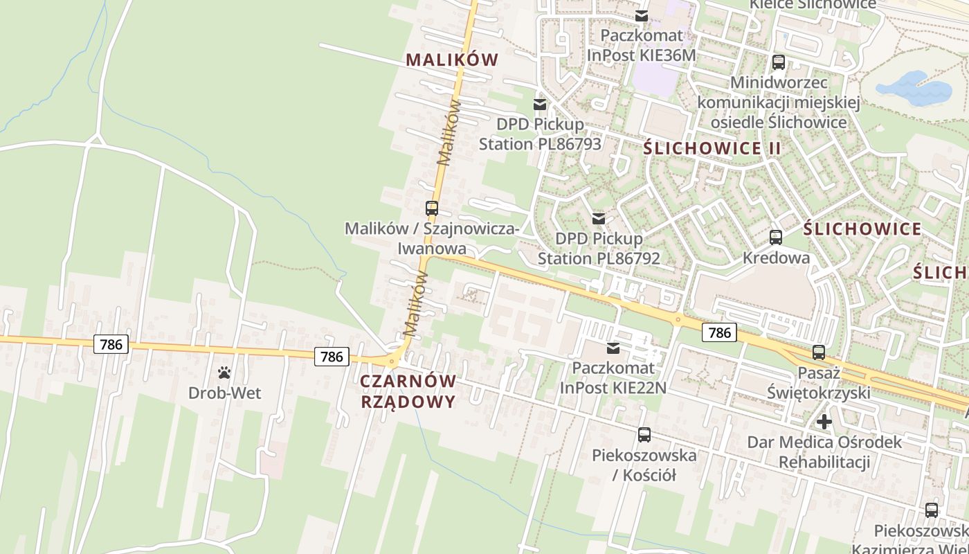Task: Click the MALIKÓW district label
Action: point(452,60)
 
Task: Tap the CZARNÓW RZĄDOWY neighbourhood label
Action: point(408,391)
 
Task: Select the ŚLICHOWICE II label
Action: point(712,148)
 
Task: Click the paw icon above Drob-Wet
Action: point(224,373)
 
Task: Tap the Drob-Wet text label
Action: point(224,393)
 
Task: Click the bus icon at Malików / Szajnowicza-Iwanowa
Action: point(432,208)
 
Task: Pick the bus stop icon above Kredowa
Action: point(776,238)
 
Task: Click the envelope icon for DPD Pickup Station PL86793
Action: point(540,105)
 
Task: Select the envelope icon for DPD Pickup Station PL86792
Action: point(599,219)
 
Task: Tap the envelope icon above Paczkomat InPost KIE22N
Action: point(613,348)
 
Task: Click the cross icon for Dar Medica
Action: point(824,421)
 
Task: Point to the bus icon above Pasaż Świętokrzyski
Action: point(819,352)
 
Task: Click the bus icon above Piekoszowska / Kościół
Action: point(644,435)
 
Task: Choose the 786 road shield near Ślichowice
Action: point(719,332)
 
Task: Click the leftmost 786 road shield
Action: point(111,344)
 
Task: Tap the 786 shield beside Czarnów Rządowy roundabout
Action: point(332,357)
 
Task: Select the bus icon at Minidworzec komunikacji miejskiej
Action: point(779,62)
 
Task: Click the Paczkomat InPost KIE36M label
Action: point(641,45)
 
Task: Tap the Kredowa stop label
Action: point(776,258)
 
